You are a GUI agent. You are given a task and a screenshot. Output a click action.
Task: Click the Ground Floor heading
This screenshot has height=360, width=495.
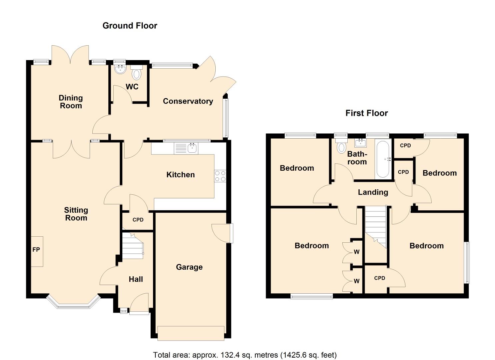(130, 26)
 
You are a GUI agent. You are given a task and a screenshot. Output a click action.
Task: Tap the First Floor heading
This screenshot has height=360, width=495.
(367, 113)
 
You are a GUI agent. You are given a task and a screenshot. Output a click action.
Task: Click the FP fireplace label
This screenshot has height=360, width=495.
(36, 250)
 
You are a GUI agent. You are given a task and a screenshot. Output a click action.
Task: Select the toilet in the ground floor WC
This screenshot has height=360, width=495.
(137, 72)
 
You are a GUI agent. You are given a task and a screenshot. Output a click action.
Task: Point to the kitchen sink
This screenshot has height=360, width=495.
(186, 148)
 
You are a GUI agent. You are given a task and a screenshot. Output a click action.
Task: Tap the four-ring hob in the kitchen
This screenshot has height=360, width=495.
(220, 176)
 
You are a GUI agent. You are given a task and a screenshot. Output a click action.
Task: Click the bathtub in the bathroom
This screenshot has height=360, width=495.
(383, 159)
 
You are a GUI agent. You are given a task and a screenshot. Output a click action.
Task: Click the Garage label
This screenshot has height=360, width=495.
(189, 267)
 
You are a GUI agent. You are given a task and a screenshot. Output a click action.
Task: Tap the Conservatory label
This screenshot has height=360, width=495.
(188, 101)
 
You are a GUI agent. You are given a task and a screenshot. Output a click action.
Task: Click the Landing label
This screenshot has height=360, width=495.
(373, 192)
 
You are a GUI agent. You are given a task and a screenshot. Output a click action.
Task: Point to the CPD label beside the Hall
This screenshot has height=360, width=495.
(138, 220)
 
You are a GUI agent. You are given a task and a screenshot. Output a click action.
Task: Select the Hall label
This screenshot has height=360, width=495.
(136, 279)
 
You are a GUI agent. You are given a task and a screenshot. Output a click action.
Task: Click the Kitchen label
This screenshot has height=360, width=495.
(180, 175)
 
